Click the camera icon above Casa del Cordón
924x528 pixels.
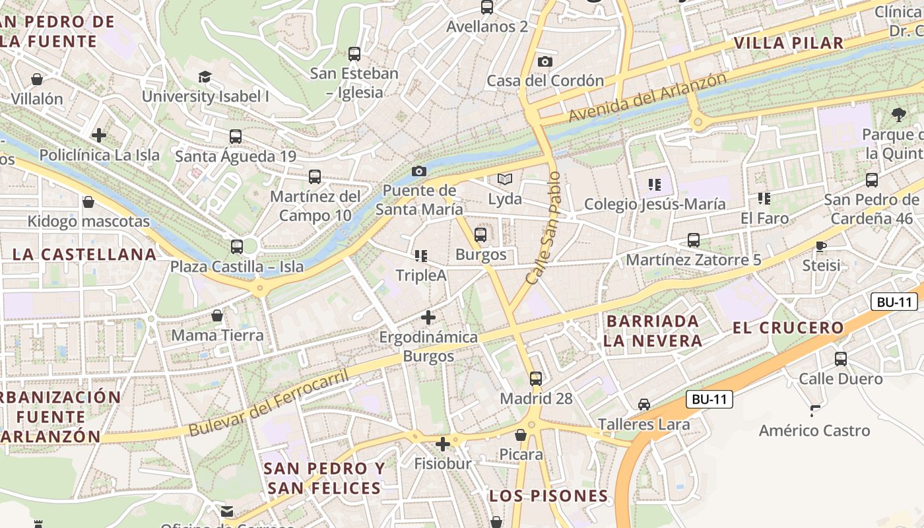544,61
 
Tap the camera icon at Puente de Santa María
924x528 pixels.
418,172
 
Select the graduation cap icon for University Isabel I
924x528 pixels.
205,77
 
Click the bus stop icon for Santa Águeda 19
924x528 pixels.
236,137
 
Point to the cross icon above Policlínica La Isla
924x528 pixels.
99,135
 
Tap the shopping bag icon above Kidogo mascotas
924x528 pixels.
88,202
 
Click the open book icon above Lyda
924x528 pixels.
505,179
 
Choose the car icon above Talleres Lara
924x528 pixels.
643,405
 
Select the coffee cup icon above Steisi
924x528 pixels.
820,246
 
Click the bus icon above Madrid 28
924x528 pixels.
536,379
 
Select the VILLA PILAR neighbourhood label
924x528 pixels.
789,44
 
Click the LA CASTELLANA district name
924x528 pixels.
84,254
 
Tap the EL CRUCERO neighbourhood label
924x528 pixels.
789,327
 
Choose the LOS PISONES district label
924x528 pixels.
548,496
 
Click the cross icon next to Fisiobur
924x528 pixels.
443,444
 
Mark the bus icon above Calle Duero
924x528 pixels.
840,359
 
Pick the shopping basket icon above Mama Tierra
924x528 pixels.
217,315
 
